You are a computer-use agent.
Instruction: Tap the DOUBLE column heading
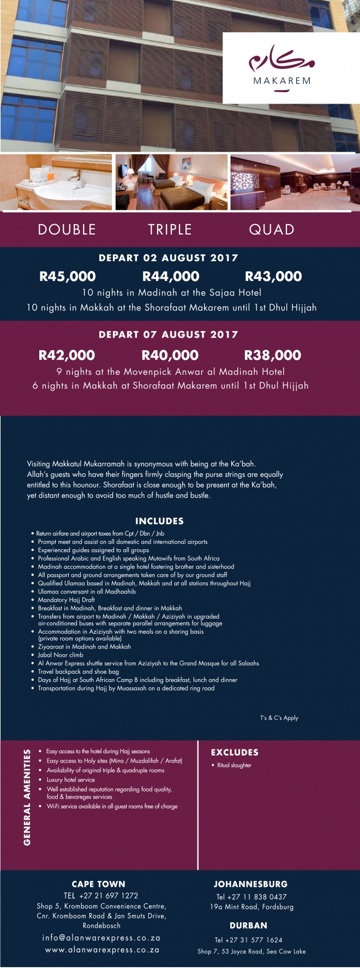pyautogui.click(x=67, y=230)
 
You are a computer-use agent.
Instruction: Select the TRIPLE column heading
pyautogui.click(x=170, y=230)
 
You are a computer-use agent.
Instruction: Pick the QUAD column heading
pyautogui.click(x=272, y=230)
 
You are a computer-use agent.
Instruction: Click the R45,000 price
pyautogui.click(x=68, y=277)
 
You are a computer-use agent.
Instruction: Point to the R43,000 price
pyautogui.click(x=273, y=277)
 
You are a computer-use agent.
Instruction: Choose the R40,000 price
pyautogui.click(x=170, y=356)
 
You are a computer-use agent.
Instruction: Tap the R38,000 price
pyautogui.click(x=273, y=356)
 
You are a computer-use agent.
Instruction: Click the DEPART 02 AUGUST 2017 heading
pyautogui.click(x=168, y=258)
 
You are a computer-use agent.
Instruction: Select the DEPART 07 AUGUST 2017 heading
pyautogui.click(x=168, y=335)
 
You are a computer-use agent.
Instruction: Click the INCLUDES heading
pyautogui.click(x=159, y=521)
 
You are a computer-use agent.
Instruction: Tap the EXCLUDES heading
pyautogui.click(x=235, y=752)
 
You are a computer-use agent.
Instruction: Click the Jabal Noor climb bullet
pyautogui.click(x=61, y=655)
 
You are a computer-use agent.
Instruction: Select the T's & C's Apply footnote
pyautogui.click(x=279, y=718)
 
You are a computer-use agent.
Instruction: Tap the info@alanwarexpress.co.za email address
pyautogui.click(x=101, y=938)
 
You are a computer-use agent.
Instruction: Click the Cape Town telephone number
pyautogui.click(x=101, y=896)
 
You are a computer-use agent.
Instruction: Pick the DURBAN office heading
pyautogui.click(x=248, y=926)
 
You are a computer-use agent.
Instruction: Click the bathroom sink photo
pyautogui.click(x=56, y=182)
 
